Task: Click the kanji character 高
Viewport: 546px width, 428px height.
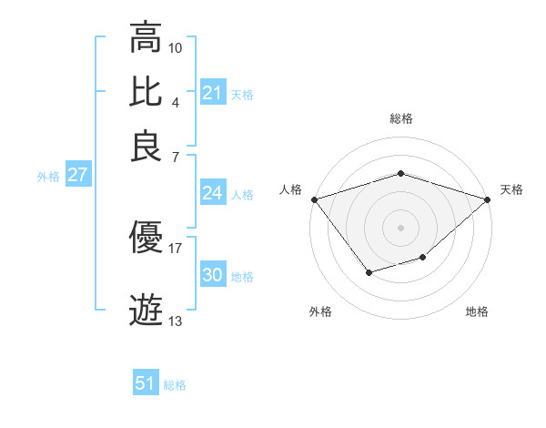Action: point(147,37)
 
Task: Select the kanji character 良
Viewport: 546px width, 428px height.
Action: point(147,145)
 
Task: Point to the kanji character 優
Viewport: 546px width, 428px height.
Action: point(147,238)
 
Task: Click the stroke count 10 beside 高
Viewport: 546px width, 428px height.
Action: point(176,46)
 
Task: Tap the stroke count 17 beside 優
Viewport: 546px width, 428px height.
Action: point(176,247)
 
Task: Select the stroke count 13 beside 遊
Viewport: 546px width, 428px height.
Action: point(176,321)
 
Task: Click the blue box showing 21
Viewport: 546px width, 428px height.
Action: point(212,93)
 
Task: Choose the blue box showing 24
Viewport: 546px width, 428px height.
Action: point(212,193)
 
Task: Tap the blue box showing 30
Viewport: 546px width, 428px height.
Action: point(212,275)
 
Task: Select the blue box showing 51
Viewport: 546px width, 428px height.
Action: point(146,384)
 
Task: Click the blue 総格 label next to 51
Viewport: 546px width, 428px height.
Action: point(175,385)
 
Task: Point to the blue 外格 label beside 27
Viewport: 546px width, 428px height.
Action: point(48,177)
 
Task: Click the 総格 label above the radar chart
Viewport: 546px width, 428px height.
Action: point(400,118)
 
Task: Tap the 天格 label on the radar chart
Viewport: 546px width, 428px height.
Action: point(511,189)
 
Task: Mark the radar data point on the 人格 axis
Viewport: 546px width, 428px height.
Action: point(314,199)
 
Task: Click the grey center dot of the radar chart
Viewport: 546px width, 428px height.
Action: point(400,227)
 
